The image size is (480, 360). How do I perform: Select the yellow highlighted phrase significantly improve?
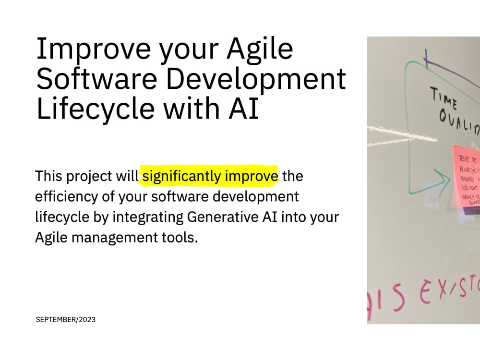(210, 177)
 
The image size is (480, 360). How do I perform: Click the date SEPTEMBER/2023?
(66, 319)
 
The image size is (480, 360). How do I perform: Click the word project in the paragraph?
(87, 177)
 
